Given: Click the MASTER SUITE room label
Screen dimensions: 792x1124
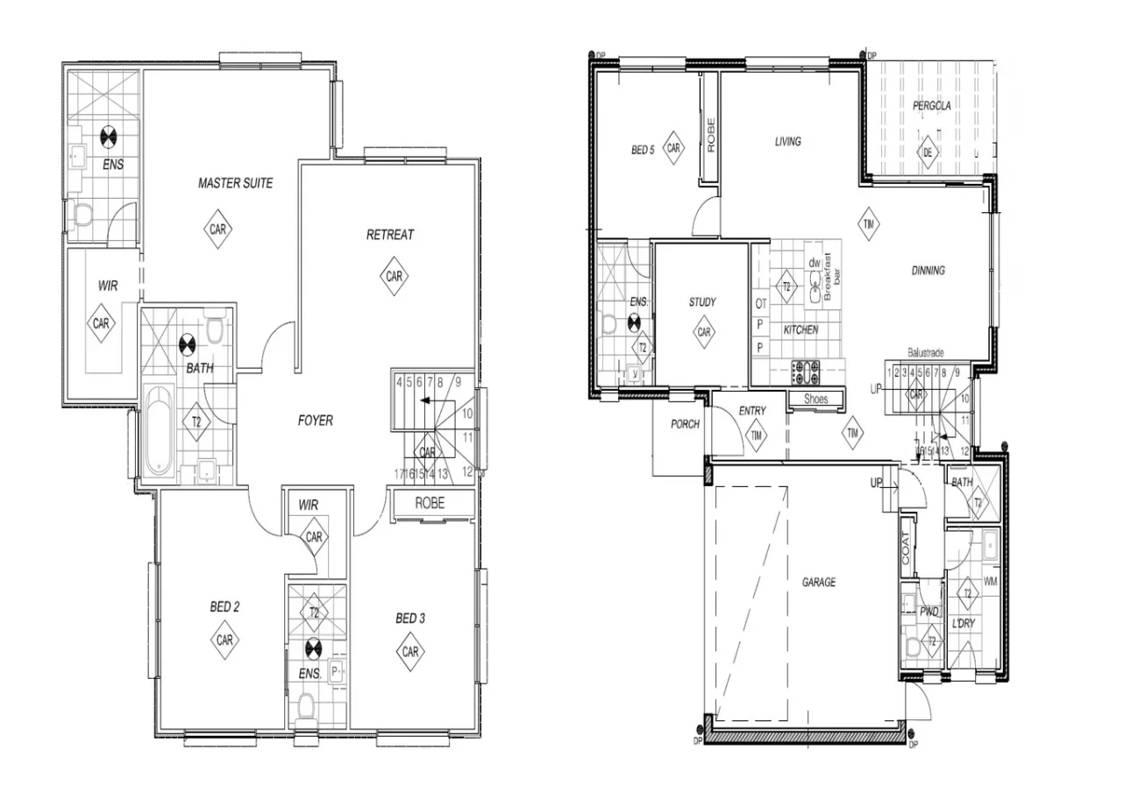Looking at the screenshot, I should point(235,183).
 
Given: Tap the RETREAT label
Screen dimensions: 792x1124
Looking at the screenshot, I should point(390,235).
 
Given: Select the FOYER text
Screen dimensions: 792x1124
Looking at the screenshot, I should point(315,421).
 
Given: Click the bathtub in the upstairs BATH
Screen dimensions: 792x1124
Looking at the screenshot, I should point(159,431).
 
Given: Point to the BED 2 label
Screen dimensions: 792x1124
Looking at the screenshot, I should point(224,606).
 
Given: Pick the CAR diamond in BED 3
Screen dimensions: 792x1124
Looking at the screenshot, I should point(410,652).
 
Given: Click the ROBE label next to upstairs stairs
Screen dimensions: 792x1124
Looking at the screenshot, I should point(430,503).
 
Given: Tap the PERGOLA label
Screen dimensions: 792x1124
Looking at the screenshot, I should point(931,106).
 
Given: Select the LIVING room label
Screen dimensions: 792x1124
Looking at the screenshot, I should point(787,141).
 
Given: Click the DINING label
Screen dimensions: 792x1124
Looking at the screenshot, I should point(928,271).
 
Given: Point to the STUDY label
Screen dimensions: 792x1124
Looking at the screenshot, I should point(701,302).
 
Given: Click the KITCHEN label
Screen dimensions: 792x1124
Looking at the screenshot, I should point(800,330).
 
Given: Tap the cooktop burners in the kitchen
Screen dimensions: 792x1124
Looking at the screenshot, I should point(805,371).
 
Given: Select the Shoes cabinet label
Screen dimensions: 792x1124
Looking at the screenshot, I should point(815,400).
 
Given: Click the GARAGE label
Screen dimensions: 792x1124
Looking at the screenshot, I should point(818,582).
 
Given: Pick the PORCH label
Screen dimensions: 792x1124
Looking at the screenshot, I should point(685,424).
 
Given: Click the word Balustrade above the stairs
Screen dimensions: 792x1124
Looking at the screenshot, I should point(926,352).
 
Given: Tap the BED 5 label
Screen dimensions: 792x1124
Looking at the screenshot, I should point(643,150).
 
